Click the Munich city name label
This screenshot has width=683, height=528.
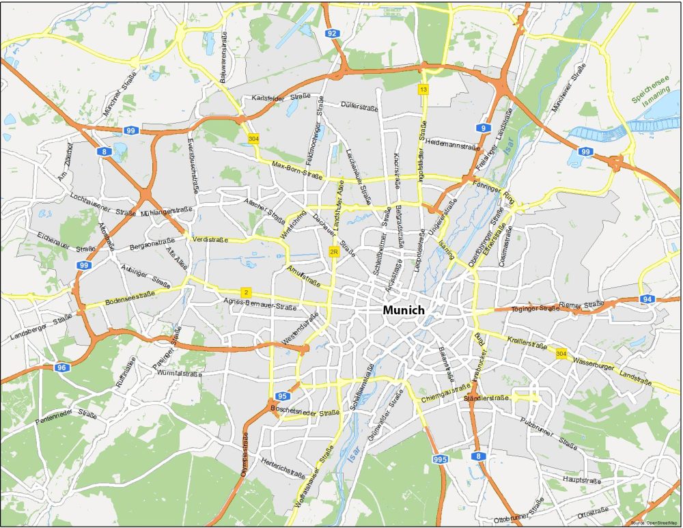click(403, 310)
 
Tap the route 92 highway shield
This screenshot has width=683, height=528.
click(333, 33)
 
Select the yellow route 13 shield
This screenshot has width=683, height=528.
click(423, 89)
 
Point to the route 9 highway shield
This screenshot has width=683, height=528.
click(484, 128)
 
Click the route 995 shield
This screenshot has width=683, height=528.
click(440, 460)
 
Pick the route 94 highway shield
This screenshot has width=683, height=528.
click(647, 299)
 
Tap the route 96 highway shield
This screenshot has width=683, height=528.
click(62, 367)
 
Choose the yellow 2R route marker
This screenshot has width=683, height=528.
click(334, 251)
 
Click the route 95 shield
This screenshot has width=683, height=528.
click(283, 396)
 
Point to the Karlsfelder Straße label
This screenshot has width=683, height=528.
click(281, 97)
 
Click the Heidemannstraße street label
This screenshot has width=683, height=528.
click(453, 145)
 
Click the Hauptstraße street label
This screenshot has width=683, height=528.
click(581, 480)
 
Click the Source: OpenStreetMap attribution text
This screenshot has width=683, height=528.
click(654, 523)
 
